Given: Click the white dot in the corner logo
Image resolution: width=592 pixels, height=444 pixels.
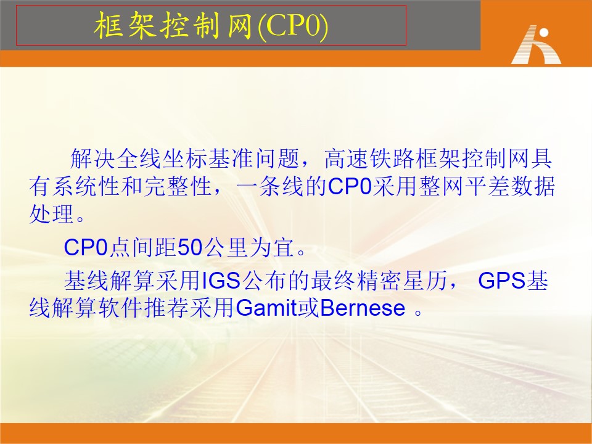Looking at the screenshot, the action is coord(544,33).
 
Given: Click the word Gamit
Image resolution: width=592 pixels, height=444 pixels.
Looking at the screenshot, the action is coord(266,308).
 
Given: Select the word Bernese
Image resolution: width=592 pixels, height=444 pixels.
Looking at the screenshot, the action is coord(363,308).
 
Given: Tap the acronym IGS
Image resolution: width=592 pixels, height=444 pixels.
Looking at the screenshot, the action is coord(221,281).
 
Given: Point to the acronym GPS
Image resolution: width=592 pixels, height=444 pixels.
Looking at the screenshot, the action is coord(502,281).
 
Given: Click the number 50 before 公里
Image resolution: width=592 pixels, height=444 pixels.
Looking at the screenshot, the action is coord(190,248).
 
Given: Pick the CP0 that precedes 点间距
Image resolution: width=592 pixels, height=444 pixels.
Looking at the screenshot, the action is coord(86,248).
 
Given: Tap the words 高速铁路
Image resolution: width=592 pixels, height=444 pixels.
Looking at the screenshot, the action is coord(369,159).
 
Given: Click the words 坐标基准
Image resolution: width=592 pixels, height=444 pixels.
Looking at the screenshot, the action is coord(208,159).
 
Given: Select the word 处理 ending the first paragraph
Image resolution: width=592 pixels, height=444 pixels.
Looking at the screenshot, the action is coord(52,214).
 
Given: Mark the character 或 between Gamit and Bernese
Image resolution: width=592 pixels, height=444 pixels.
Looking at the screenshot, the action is coord(308,308).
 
